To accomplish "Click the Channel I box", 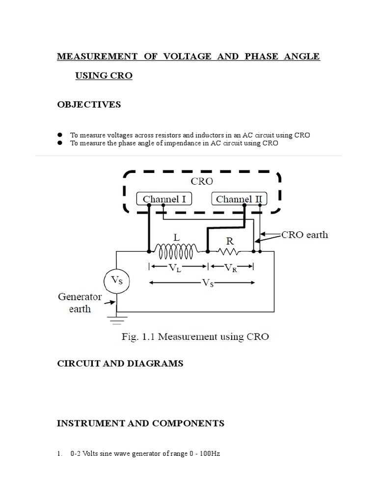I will [164, 199].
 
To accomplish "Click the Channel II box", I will [240, 199].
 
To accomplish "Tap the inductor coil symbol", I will [174, 251].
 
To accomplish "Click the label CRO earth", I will [304, 235].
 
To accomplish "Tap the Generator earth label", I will [80, 303].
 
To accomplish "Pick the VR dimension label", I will [231, 268].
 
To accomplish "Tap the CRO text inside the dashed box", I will [201, 181].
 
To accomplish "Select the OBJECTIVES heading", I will [89, 105].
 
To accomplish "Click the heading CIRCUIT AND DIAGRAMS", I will [120, 363].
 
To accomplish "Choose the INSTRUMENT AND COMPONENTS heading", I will [141, 423].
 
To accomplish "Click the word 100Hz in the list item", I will [210, 454].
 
